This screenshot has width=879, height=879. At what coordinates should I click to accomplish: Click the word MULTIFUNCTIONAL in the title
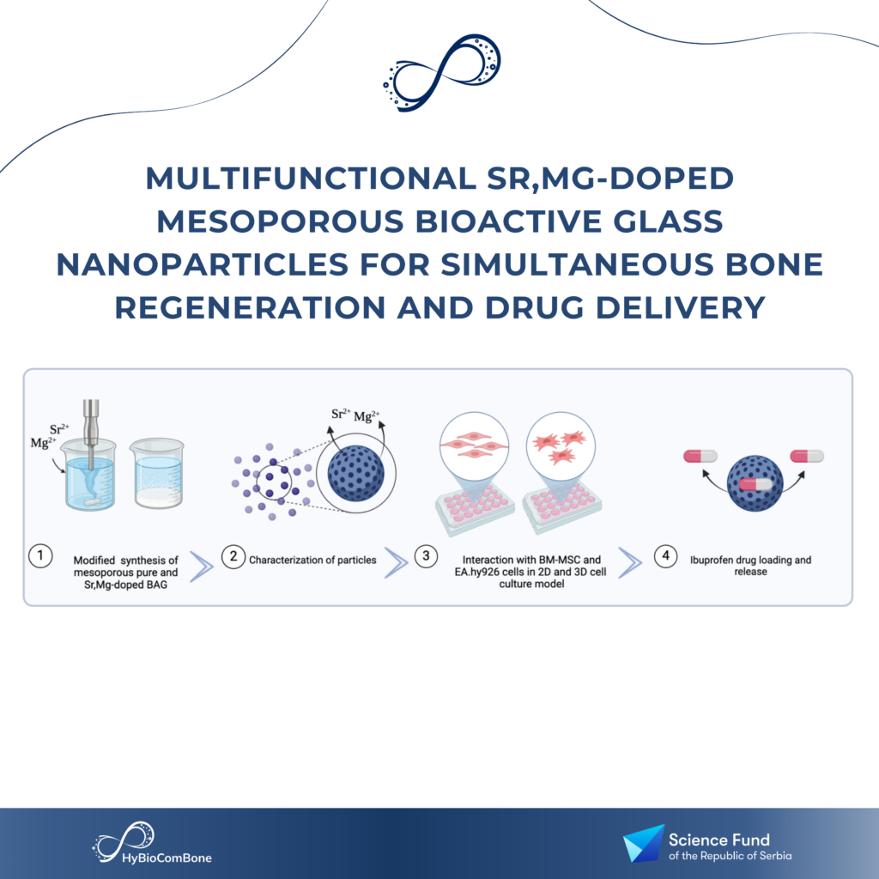tap(311, 179)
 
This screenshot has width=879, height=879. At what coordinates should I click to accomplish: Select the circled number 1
tap(40, 556)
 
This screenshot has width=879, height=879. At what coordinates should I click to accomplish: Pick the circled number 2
tap(233, 556)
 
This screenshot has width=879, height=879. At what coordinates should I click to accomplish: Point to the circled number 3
tap(426, 556)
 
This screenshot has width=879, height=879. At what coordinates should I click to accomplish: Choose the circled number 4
tap(665, 556)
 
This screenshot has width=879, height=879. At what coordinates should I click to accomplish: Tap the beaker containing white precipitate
tap(158, 474)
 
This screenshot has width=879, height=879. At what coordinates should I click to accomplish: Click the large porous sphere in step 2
tap(356, 473)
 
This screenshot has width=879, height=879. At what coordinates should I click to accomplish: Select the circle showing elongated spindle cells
tap(474, 446)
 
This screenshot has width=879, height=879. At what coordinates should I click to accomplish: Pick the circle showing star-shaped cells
tap(561, 446)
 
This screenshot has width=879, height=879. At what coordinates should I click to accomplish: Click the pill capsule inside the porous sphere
tap(755, 484)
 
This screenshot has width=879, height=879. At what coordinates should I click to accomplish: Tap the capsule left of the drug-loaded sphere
tap(700, 457)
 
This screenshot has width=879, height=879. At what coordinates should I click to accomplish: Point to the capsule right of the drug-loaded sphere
tap(807, 457)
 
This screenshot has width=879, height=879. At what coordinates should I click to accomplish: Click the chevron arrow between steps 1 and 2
tap(202, 567)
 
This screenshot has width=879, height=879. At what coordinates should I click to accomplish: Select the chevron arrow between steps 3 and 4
tap(630, 562)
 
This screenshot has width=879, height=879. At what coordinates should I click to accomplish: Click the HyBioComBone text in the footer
tap(167, 858)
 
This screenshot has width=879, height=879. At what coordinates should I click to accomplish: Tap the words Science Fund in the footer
tap(719, 840)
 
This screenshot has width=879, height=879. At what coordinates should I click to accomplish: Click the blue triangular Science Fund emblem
tap(645, 843)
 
